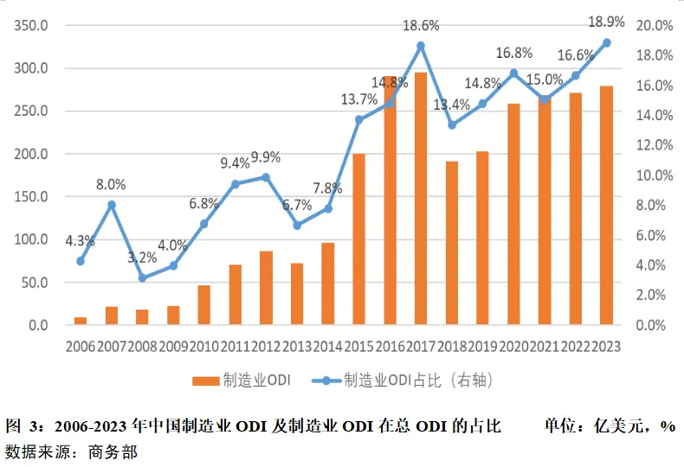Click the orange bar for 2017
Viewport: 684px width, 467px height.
[421, 199]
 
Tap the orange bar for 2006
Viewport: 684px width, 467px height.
[81, 321]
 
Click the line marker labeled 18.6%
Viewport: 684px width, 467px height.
[421, 46]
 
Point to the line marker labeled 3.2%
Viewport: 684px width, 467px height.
[142, 278]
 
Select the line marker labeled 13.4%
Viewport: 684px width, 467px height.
[452, 125]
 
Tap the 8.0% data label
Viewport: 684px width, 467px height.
[111, 184]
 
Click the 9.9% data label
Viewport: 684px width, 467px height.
[266, 157]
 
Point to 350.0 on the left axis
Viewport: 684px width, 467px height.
[31, 26]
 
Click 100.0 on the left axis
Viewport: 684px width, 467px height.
[31, 240]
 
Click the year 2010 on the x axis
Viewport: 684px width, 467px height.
[203, 347]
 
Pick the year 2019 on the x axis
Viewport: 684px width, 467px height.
[482, 347]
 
